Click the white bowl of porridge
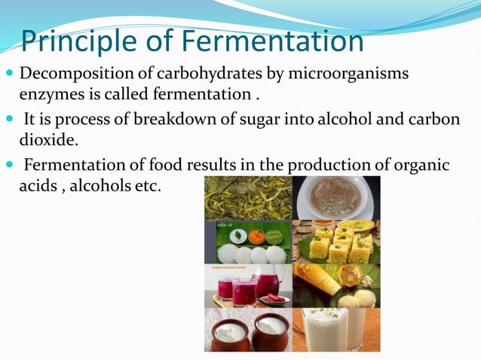[x=335, y=197]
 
